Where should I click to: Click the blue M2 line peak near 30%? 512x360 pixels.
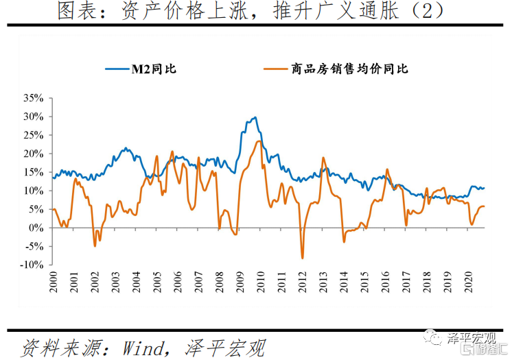point(255,117)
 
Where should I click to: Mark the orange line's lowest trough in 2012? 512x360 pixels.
point(303,258)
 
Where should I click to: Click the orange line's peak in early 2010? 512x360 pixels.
point(259,141)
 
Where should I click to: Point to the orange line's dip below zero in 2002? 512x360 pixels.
point(95,245)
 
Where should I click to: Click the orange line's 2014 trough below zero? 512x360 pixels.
point(344,241)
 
